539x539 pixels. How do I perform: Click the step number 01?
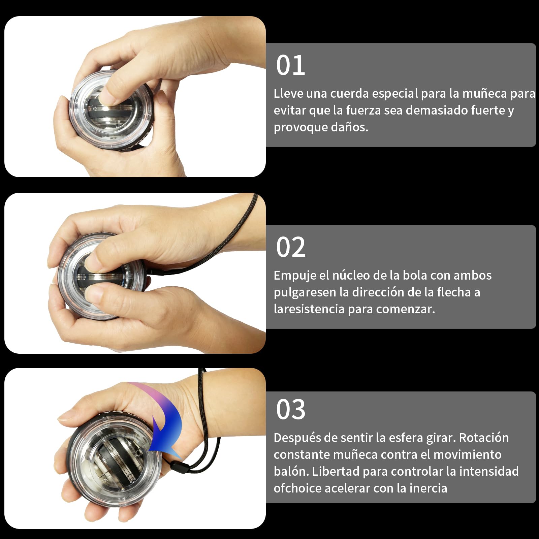point(290,65)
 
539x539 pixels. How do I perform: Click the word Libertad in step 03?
point(336,471)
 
